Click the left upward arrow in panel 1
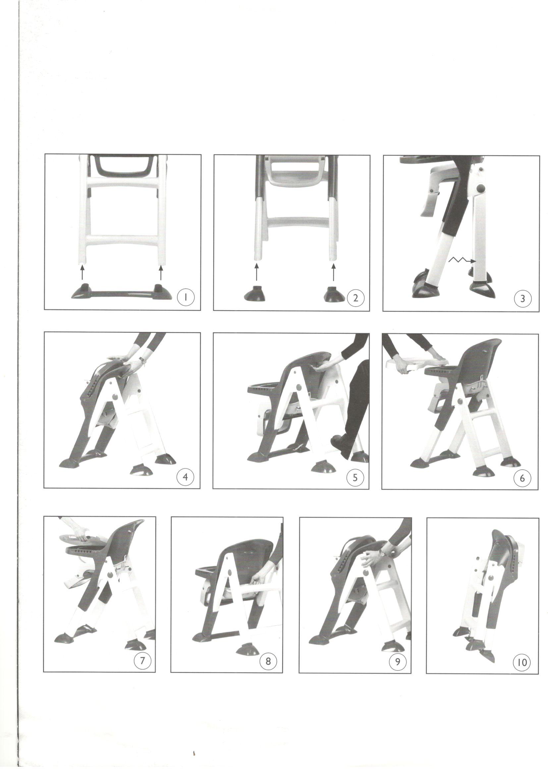(x=81, y=272)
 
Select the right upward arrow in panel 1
(x=161, y=272)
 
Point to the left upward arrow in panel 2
(x=256, y=272)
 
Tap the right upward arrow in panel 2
(x=334, y=272)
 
